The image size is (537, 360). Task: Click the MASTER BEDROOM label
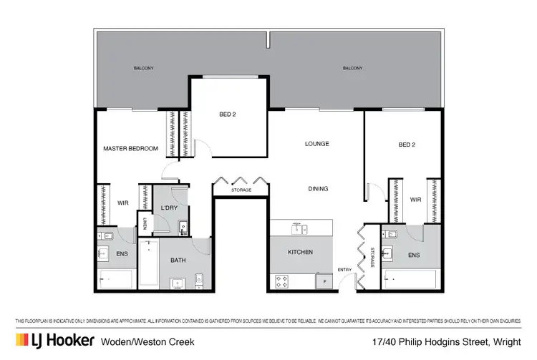(130, 148)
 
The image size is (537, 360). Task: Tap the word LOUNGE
(316, 144)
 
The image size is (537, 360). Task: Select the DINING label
(318, 189)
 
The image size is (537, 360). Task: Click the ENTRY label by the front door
(345, 269)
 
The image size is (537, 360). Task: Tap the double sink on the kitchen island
(299, 229)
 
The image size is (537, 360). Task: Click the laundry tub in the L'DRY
(183, 228)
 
